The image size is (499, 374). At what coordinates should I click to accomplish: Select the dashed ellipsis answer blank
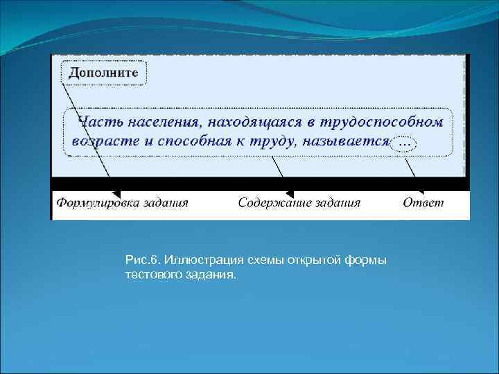point(405,143)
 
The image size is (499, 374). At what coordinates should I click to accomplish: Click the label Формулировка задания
point(122,203)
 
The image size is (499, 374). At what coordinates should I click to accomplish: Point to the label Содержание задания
point(299,203)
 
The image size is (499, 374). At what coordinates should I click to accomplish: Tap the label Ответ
point(423,203)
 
